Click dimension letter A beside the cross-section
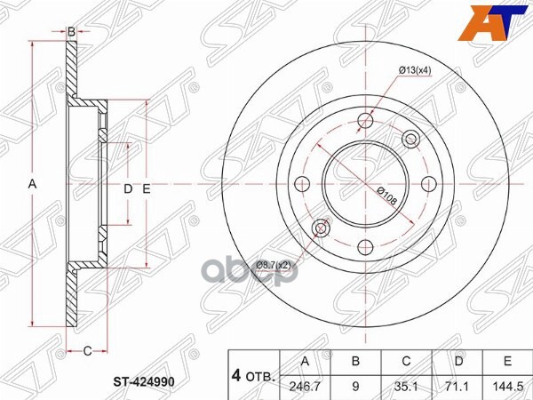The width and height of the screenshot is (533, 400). pyautogui.click(x=32, y=184)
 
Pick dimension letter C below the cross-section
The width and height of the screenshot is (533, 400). pyautogui.click(x=87, y=351)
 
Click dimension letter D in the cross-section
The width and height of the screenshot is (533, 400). pyautogui.click(x=126, y=188)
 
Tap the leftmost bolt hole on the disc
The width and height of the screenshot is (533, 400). pyautogui.click(x=301, y=185)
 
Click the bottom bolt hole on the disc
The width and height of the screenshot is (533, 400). pyautogui.click(x=364, y=248)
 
